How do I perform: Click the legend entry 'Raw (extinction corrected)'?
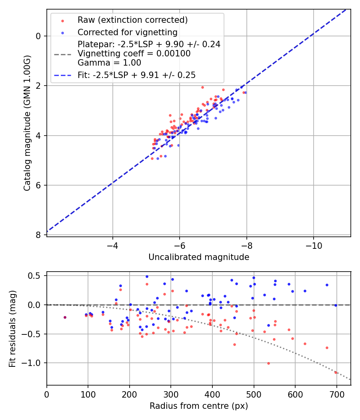(132, 20)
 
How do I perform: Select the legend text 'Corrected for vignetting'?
(128, 32)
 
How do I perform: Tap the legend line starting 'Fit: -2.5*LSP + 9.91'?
(136, 75)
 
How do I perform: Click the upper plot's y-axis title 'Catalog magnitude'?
(27, 122)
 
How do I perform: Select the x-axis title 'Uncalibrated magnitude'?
(199, 257)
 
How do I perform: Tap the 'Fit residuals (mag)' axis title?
(12, 329)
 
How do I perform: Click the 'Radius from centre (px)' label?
(199, 406)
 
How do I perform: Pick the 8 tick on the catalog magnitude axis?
(39, 235)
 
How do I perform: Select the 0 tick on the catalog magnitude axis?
(39, 36)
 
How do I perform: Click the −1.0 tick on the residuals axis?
(32, 363)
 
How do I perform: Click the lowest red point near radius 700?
(336, 372)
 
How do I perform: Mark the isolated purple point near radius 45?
(65, 317)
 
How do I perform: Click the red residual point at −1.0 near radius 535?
(268, 363)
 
